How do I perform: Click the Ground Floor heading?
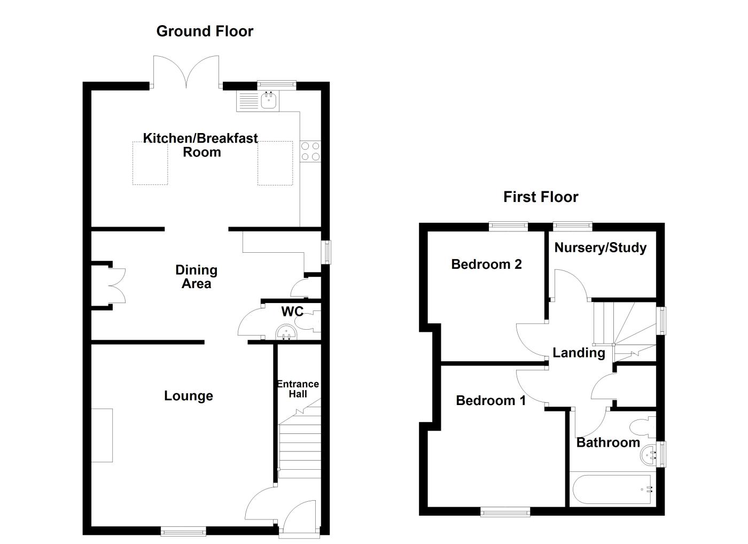point(205,31)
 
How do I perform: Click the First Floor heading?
point(540,197)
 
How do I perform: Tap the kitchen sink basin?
point(269,100)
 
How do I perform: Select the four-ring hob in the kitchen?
point(310,151)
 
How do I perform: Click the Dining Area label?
point(196,277)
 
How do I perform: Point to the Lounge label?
point(188,396)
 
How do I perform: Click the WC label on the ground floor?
point(292,312)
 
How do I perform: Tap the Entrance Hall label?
point(298,389)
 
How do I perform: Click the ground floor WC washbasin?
point(286,334)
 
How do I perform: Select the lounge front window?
point(183,531)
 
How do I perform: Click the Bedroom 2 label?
point(486,264)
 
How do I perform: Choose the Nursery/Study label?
point(600,247)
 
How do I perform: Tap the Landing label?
point(579,353)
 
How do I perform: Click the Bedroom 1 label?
point(490,400)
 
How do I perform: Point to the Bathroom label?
point(607,442)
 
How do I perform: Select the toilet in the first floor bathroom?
point(642,427)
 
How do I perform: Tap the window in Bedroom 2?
point(509,227)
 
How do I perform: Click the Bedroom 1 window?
point(505,512)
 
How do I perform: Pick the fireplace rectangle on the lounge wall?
point(102,435)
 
